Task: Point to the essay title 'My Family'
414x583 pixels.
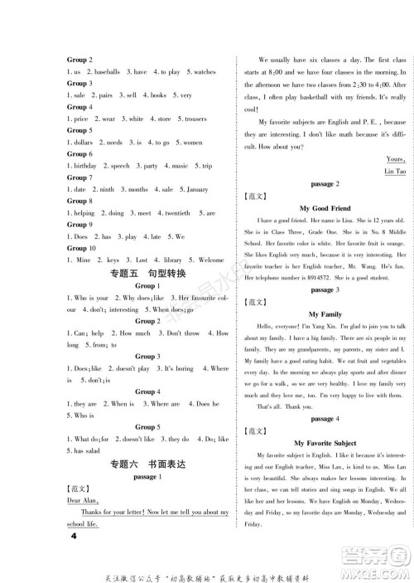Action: pos(324,313)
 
